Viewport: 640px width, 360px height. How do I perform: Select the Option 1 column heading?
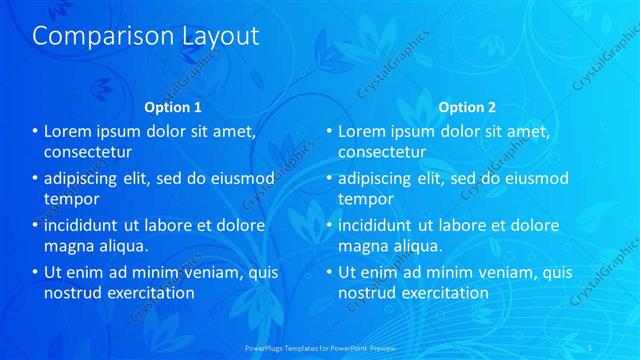coord(173,107)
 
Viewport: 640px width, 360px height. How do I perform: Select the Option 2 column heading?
coord(466,107)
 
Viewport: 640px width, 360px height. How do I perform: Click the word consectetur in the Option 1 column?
coord(89,152)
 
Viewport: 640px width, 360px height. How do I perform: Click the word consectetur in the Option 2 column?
coord(382,152)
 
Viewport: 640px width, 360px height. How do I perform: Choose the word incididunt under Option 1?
coord(88,226)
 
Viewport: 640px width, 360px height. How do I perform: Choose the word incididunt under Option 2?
coord(381,226)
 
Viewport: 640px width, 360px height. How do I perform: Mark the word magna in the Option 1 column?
coord(69,246)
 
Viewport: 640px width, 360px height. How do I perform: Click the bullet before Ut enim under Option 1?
coord(35,273)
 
